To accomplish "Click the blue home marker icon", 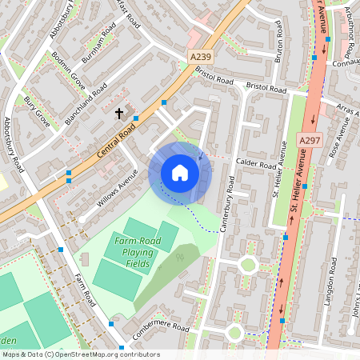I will click(x=180, y=173).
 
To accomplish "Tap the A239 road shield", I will click(x=201, y=56).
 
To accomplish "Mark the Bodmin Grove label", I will click(x=67, y=70).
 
